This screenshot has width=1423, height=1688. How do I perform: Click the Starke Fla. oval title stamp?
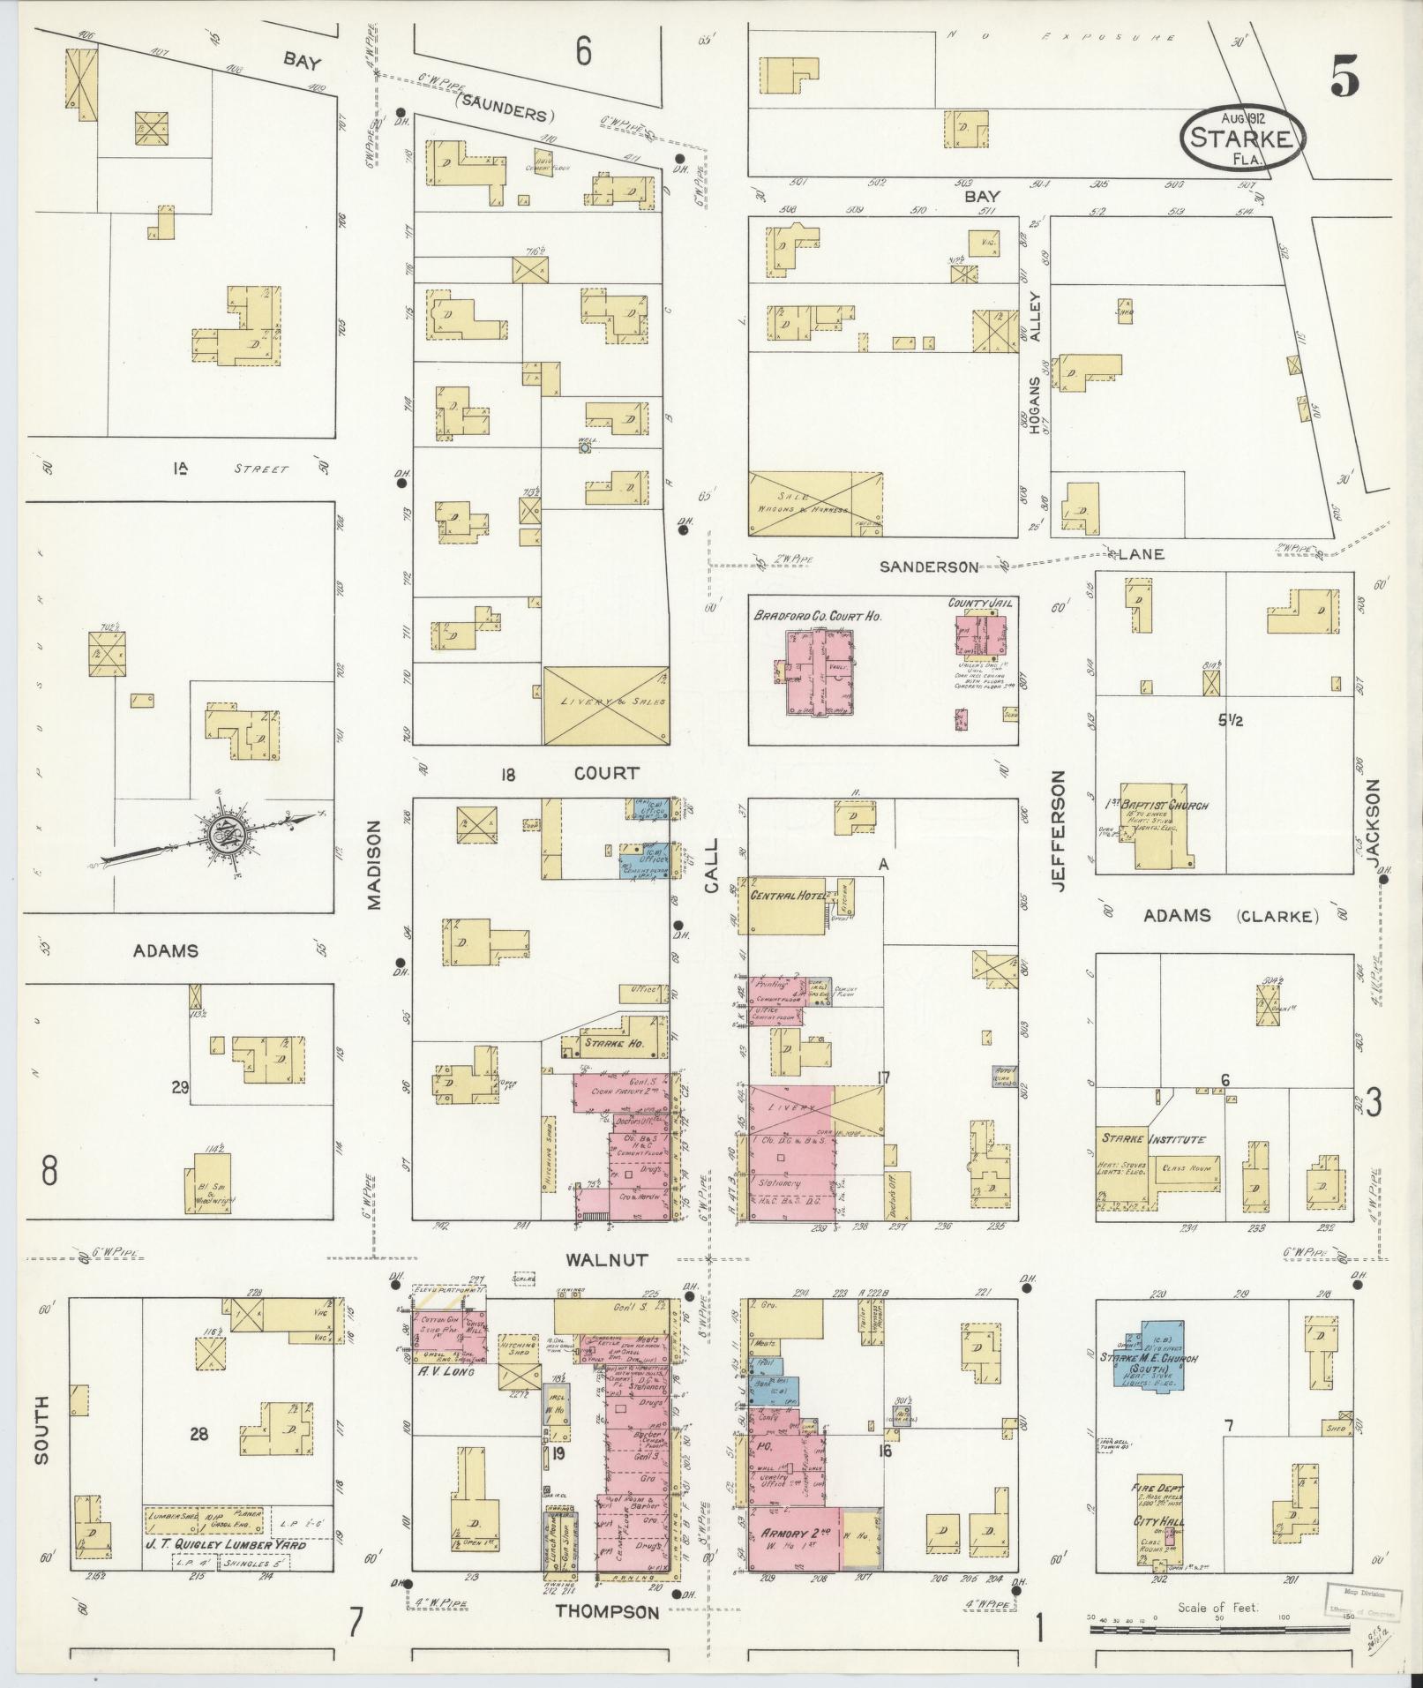pyautogui.click(x=1241, y=139)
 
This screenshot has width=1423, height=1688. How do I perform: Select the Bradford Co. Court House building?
pyautogui.click(x=820, y=671)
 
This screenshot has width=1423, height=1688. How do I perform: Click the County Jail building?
pyautogui.click(x=981, y=636)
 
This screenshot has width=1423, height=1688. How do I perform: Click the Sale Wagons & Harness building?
pyautogui.click(x=815, y=504)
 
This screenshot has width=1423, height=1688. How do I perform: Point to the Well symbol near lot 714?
pyautogui.click(x=584, y=448)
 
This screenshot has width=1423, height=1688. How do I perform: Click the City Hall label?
pyautogui.click(x=1158, y=1522)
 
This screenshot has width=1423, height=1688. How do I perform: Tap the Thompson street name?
pyautogui.click(x=607, y=1612)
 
